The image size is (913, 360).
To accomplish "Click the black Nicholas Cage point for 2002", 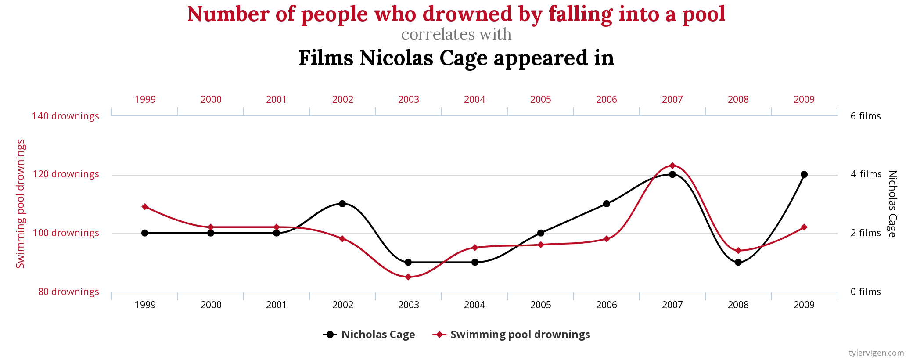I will point(342,204).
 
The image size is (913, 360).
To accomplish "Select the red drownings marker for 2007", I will point(672,166).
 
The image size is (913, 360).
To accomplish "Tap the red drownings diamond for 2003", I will point(408,277).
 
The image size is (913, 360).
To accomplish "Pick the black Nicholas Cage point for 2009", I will point(804,174).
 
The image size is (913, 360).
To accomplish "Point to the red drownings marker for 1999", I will point(145,207).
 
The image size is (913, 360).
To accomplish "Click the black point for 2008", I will point(738,262).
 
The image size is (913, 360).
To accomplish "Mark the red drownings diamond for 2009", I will point(804,227).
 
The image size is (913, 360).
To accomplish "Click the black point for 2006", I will point(607,204).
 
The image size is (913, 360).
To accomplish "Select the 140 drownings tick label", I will point(65,116).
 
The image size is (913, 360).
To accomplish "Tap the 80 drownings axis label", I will point(68,292).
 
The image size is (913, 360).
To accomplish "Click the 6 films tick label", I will point(866,116).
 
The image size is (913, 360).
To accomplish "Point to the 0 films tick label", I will point(866,292).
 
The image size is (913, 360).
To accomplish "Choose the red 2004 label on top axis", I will point(474,100).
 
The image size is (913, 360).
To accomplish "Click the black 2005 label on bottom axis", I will point(540,305).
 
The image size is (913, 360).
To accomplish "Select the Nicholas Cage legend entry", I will point(370,335).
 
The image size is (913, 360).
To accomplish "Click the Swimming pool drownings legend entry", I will point(512,335).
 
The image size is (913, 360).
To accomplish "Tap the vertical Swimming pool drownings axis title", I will point(21,204).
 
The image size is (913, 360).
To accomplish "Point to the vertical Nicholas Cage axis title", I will point(892,204).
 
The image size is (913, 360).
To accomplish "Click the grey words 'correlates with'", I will point(456,34).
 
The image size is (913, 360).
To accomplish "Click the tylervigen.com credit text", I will point(876,353).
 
